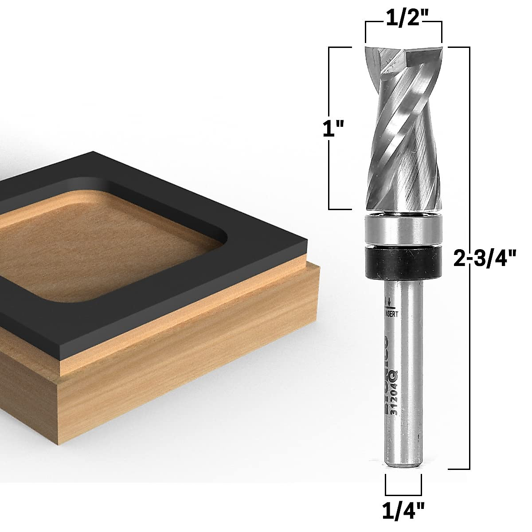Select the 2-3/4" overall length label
[x=486, y=258]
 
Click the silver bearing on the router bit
[x=403, y=230]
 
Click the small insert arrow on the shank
[x=389, y=303]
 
